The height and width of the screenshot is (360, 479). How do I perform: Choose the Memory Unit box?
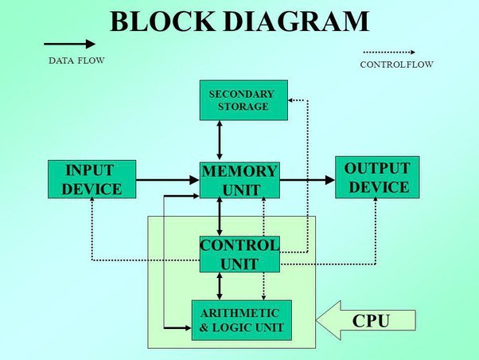(240, 180)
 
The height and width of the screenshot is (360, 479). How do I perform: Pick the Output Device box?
(377, 178)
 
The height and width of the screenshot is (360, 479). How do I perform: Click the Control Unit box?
(240, 254)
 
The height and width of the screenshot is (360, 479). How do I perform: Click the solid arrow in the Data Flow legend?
(69, 43)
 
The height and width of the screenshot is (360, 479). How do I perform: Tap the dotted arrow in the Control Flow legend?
(387, 52)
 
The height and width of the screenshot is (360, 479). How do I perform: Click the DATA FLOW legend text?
(76, 61)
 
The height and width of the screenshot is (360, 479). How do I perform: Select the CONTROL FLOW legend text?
(395, 65)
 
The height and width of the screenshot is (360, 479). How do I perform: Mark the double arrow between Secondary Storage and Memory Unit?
(220, 140)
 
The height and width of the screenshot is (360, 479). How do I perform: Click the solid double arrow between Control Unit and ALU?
(220, 285)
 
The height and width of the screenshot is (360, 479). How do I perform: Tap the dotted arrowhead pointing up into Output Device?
(375, 203)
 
